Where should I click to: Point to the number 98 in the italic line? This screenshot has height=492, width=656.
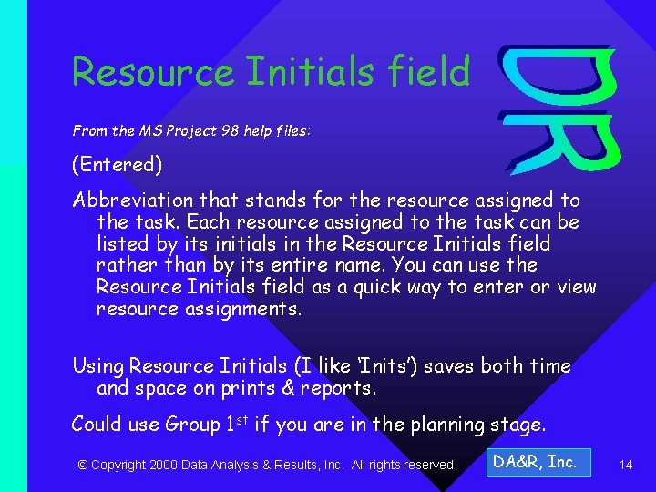click(233, 131)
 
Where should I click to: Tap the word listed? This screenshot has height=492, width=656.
click(124, 243)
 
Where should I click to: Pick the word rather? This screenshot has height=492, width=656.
click(124, 265)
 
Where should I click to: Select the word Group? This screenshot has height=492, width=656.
click(192, 425)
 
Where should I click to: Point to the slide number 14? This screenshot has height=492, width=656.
click(626, 465)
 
